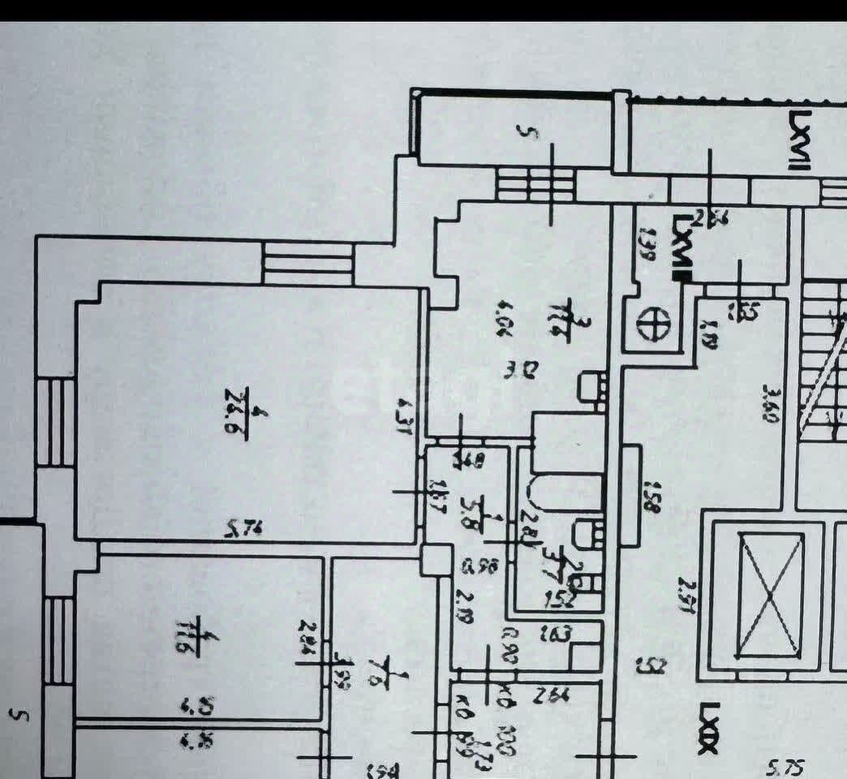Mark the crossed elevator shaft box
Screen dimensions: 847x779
click(x=769, y=596)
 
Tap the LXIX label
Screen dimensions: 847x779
click(x=707, y=730)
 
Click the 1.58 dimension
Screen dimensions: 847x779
click(x=650, y=497)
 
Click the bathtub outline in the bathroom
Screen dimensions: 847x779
click(x=566, y=494)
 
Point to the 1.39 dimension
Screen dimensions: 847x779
click(x=647, y=243)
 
